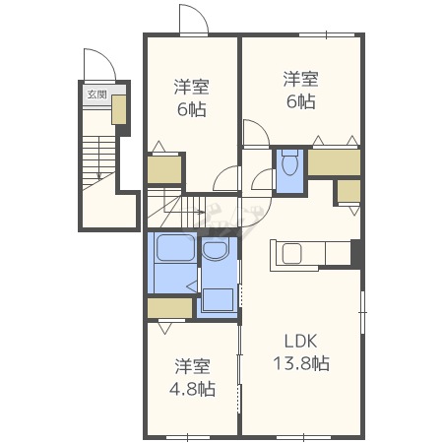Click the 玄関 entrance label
(x=96, y=95)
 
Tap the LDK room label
(x=300, y=341)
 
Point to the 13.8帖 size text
(x=301, y=363)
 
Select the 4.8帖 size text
(x=192, y=389)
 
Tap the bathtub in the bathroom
(x=175, y=248)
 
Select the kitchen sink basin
(x=291, y=254)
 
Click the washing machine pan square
(x=218, y=299)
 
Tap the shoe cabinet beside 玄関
(x=119, y=109)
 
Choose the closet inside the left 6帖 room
(x=164, y=169)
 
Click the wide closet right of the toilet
(x=334, y=162)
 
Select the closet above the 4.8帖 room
(x=169, y=308)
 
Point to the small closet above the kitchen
(x=348, y=191)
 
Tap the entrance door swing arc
(x=104, y=57)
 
